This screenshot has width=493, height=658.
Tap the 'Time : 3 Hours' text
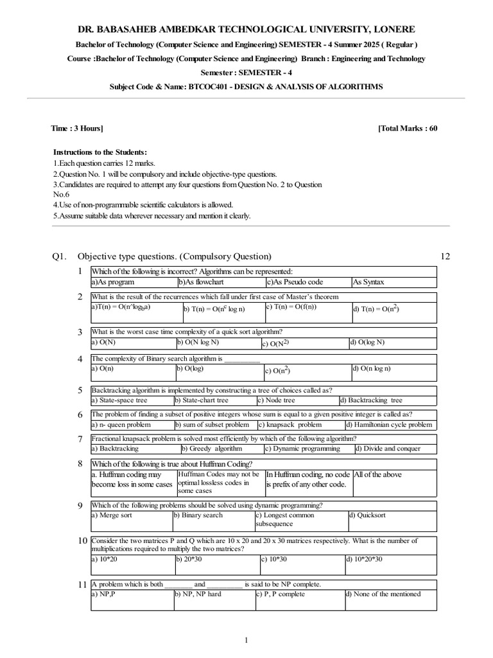pyautogui.click(x=76, y=129)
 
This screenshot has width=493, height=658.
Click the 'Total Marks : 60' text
pyautogui.click(x=408, y=129)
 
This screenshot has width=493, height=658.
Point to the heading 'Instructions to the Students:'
pyautogui.click(x=100, y=152)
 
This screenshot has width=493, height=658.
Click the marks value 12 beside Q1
pyautogui.click(x=445, y=256)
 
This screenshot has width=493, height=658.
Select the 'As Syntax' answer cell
pyautogui.click(x=369, y=282)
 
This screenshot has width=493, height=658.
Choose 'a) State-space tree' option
pyautogui.click(x=120, y=400)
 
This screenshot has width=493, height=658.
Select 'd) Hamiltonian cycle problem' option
pyautogui.click(x=389, y=425)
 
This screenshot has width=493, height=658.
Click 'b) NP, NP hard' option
pyautogui.click(x=198, y=594)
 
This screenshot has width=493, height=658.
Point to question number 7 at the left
pyautogui.click(x=80, y=439)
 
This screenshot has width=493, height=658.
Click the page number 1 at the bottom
pyautogui.click(x=246, y=640)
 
